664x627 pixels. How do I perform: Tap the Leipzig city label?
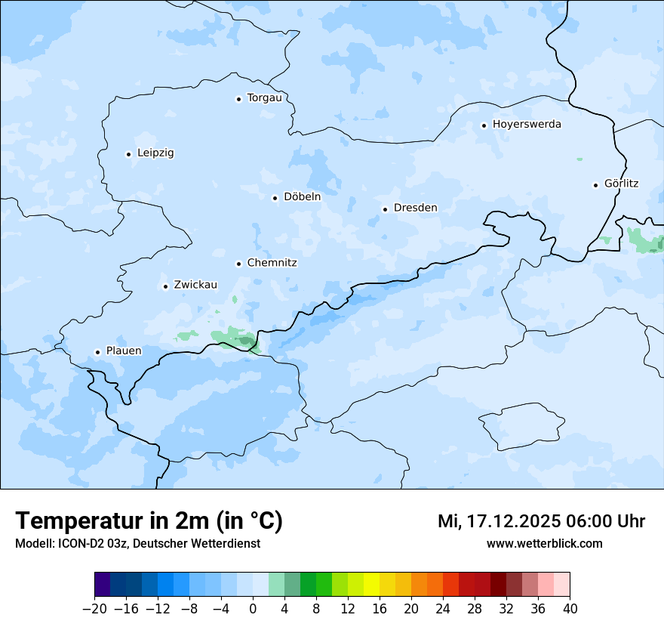pyautogui.click(x=155, y=153)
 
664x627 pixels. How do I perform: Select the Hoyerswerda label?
pyautogui.click(x=527, y=124)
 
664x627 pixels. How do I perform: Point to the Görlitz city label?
pyautogui.click(x=621, y=184)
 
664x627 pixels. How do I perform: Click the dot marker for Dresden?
pyautogui.click(x=385, y=209)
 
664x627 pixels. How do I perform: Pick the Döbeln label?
pyautogui.click(x=302, y=196)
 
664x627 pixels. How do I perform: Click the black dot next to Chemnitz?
pyautogui.click(x=238, y=264)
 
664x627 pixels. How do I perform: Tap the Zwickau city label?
pyautogui.click(x=195, y=285)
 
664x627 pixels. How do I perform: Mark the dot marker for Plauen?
pyautogui.click(x=97, y=352)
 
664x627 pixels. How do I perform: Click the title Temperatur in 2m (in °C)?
pyautogui.click(x=149, y=520)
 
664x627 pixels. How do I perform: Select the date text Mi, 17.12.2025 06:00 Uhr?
pyautogui.click(x=541, y=521)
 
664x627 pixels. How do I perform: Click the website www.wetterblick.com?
pyautogui.click(x=544, y=543)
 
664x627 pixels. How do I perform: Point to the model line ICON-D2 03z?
pyautogui.click(x=137, y=543)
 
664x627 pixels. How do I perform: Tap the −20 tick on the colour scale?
pyautogui.click(x=94, y=608)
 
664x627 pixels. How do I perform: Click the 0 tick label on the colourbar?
pyautogui.click(x=253, y=608)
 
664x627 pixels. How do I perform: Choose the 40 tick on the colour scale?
pyautogui.click(x=570, y=608)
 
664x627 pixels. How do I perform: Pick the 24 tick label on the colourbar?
pyautogui.click(x=443, y=608)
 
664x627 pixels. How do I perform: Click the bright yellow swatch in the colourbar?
pyautogui.click(x=371, y=585)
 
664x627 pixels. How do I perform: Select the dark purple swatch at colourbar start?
pyautogui.click(x=103, y=585)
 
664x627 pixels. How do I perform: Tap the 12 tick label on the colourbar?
pyautogui.click(x=348, y=608)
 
